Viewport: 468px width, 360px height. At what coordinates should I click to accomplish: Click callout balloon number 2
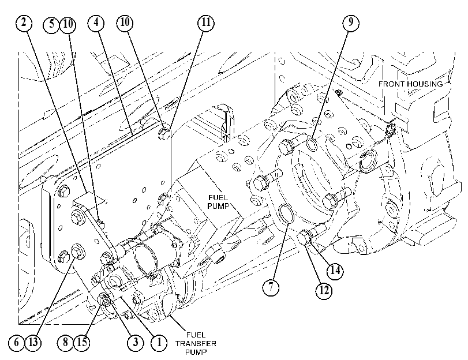pos(24,22)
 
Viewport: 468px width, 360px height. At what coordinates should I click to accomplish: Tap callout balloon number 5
pos(51,24)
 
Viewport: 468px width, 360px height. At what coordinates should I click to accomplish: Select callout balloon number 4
pos(96,22)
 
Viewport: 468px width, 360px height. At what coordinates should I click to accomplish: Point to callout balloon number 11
pos(206,22)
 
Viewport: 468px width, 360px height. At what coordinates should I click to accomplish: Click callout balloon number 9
pos(351,22)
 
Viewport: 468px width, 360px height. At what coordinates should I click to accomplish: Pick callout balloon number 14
pos(335,271)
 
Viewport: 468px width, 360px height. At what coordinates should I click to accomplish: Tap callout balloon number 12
pos(324,290)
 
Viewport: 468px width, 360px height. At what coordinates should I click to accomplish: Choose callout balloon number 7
pos(271,287)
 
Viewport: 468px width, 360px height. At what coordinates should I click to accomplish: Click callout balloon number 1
pos(159,342)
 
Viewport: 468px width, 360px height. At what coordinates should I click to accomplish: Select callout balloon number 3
pos(136,342)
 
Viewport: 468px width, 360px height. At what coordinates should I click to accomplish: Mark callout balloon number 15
pos(82,342)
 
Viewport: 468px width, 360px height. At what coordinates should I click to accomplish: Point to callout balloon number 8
pos(65,342)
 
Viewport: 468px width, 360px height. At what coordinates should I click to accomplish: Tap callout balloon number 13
pos(33,342)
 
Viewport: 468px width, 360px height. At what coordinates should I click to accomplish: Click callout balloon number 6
pos(16,342)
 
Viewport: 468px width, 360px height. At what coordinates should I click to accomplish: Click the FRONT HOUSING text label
pos(411,84)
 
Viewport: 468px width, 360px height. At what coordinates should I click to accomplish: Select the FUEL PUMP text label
pos(218,202)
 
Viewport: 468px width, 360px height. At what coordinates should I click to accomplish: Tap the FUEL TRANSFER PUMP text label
pos(196,344)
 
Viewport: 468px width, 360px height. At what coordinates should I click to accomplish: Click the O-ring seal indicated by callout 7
pos(286,213)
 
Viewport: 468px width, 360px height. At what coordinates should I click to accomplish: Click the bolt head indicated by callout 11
pos(163,133)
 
